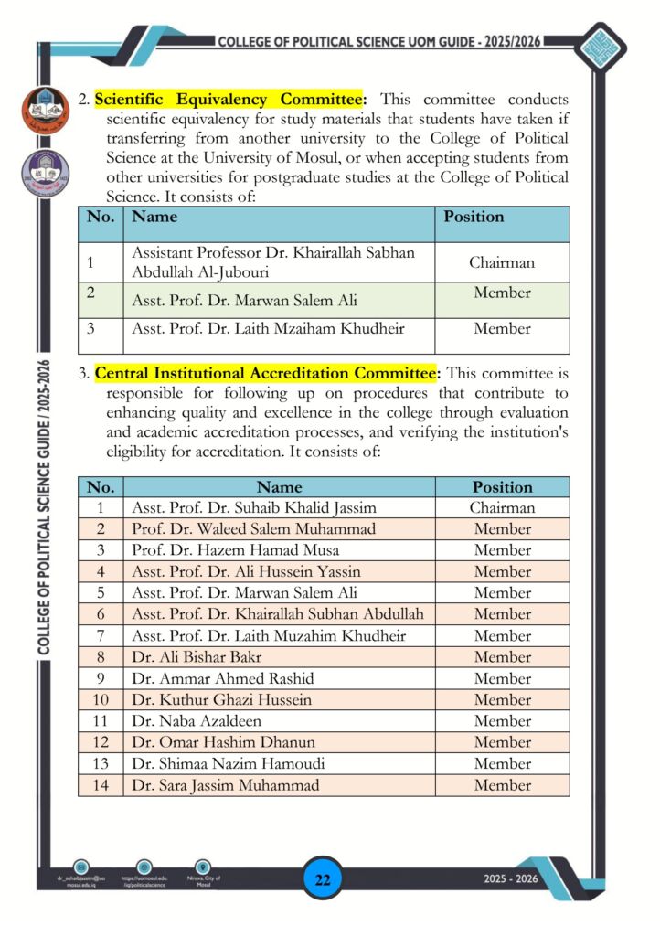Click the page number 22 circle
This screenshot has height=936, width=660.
(x=322, y=880)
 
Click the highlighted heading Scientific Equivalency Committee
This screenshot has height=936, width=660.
(x=230, y=99)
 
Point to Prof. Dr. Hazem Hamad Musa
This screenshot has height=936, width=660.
(x=235, y=550)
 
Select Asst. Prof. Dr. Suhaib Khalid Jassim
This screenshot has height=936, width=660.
(x=254, y=507)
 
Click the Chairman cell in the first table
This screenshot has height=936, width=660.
(x=502, y=262)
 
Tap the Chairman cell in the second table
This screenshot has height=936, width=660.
(x=502, y=507)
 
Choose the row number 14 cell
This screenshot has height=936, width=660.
(x=101, y=785)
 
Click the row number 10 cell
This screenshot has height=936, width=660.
(x=101, y=700)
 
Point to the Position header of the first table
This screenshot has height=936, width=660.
(x=474, y=218)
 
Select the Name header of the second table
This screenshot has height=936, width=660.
(x=279, y=487)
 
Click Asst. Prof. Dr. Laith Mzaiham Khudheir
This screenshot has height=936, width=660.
(x=268, y=328)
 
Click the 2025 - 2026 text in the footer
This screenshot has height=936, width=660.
(x=511, y=879)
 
